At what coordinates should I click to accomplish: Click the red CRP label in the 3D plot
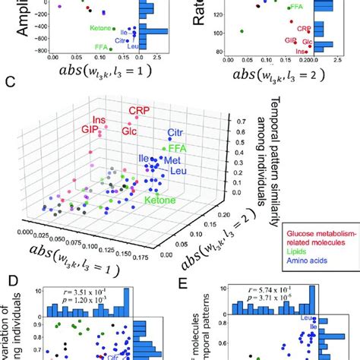point(138,111)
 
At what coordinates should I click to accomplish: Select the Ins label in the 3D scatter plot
point(99,120)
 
